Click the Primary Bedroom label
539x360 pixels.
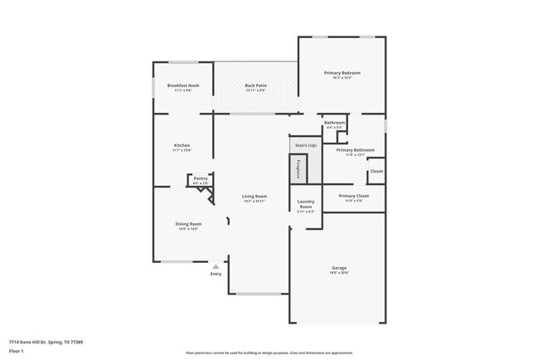[342, 73]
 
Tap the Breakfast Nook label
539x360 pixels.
[182, 85]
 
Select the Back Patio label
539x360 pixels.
[255, 85]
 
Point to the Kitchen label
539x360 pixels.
[182, 146]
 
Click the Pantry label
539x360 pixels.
[200, 178]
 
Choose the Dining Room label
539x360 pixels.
[188, 224]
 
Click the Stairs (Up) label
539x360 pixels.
[306, 145]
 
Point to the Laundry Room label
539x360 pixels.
[305, 204]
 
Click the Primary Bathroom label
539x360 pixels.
[355, 150]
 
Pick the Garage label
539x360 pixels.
[338, 268]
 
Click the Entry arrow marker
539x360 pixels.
[216, 266]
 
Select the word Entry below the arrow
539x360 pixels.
[216, 274]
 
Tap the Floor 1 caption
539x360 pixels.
[17, 351]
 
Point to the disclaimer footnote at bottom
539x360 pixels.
[269, 352]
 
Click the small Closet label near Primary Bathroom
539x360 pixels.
[376, 171]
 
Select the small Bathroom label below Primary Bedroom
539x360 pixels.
[334, 124]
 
